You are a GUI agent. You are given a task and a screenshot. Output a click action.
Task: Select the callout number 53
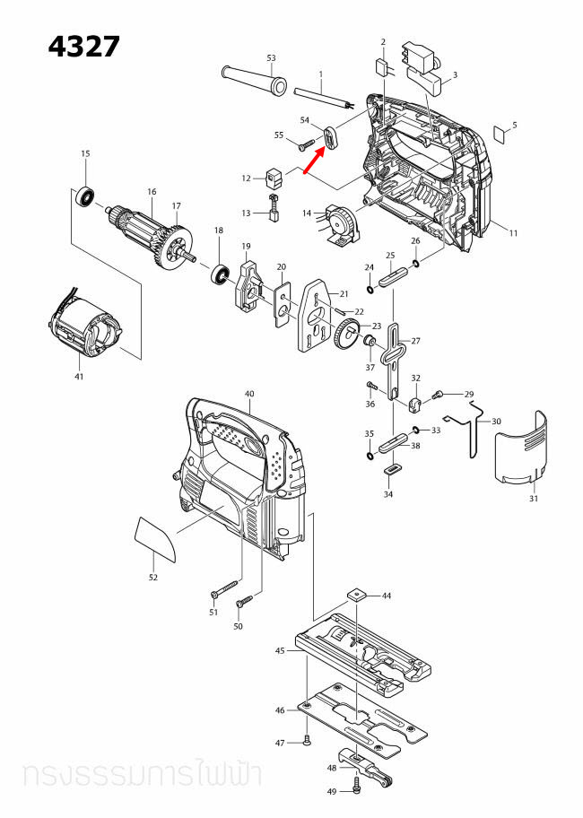271,58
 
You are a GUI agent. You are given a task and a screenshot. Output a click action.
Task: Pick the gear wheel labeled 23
346,338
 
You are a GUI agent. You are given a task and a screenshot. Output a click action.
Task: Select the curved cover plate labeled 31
522,448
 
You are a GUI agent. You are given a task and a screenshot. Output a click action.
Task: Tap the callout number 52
153,577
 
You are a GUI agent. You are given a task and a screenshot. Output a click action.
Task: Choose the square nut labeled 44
358,595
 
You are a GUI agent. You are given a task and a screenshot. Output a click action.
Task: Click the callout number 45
280,651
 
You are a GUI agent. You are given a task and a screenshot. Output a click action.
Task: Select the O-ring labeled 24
370,289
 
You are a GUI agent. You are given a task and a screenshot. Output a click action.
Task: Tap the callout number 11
514,233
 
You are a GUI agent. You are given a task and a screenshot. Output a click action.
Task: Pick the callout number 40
249,394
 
